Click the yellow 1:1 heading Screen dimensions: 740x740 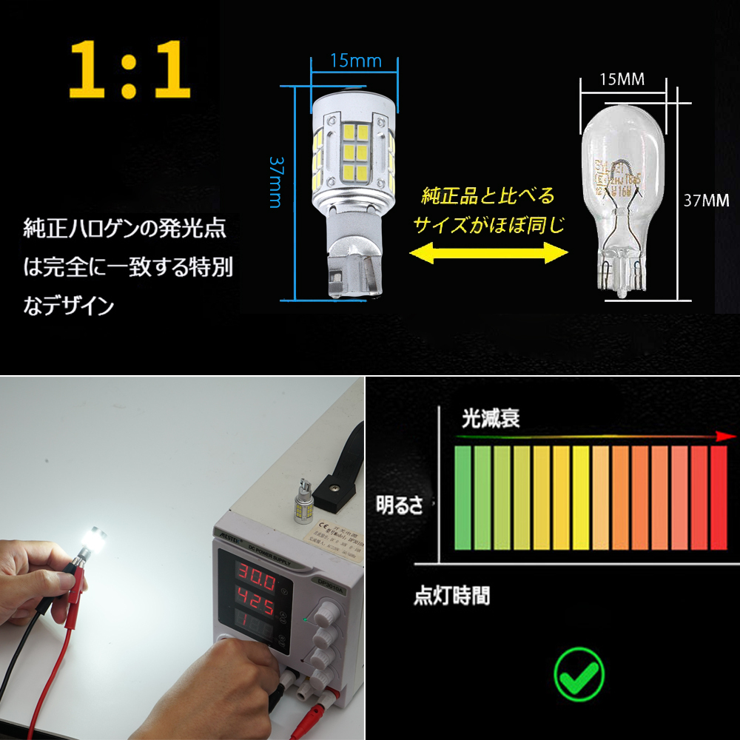pos(130,72)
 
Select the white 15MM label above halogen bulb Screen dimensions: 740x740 pos(622,79)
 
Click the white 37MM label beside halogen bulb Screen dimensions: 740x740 pos(707,201)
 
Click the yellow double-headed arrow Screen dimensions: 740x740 pos(488,253)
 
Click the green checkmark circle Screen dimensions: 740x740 pos(579,673)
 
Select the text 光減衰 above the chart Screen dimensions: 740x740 pos(491,418)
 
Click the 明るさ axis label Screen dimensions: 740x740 pos(400,506)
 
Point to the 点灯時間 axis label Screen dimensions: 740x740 pos(451,596)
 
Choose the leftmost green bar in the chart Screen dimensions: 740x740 pos(463,497)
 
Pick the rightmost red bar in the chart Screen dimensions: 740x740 pos(719,497)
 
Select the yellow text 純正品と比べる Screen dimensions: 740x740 pos(488,196)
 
